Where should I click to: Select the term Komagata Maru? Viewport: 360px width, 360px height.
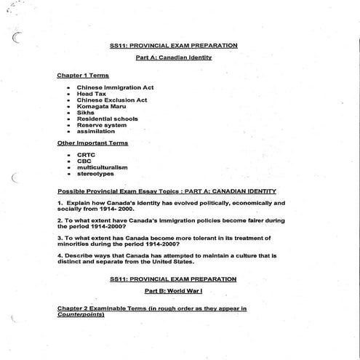(101, 106)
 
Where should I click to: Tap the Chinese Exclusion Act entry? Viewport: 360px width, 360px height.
(111, 100)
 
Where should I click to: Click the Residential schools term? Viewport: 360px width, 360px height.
(107, 119)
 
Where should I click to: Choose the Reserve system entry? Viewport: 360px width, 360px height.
(101, 125)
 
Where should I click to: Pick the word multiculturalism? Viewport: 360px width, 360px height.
(102, 167)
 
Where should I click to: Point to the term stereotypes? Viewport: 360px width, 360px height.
(95, 173)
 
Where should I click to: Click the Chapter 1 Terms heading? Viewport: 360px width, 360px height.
(84, 75)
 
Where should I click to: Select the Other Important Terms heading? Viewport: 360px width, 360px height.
(92, 143)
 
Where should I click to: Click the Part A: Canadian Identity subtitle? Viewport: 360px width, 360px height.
(178, 57)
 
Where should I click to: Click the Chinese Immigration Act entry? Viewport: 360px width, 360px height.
(115, 88)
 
